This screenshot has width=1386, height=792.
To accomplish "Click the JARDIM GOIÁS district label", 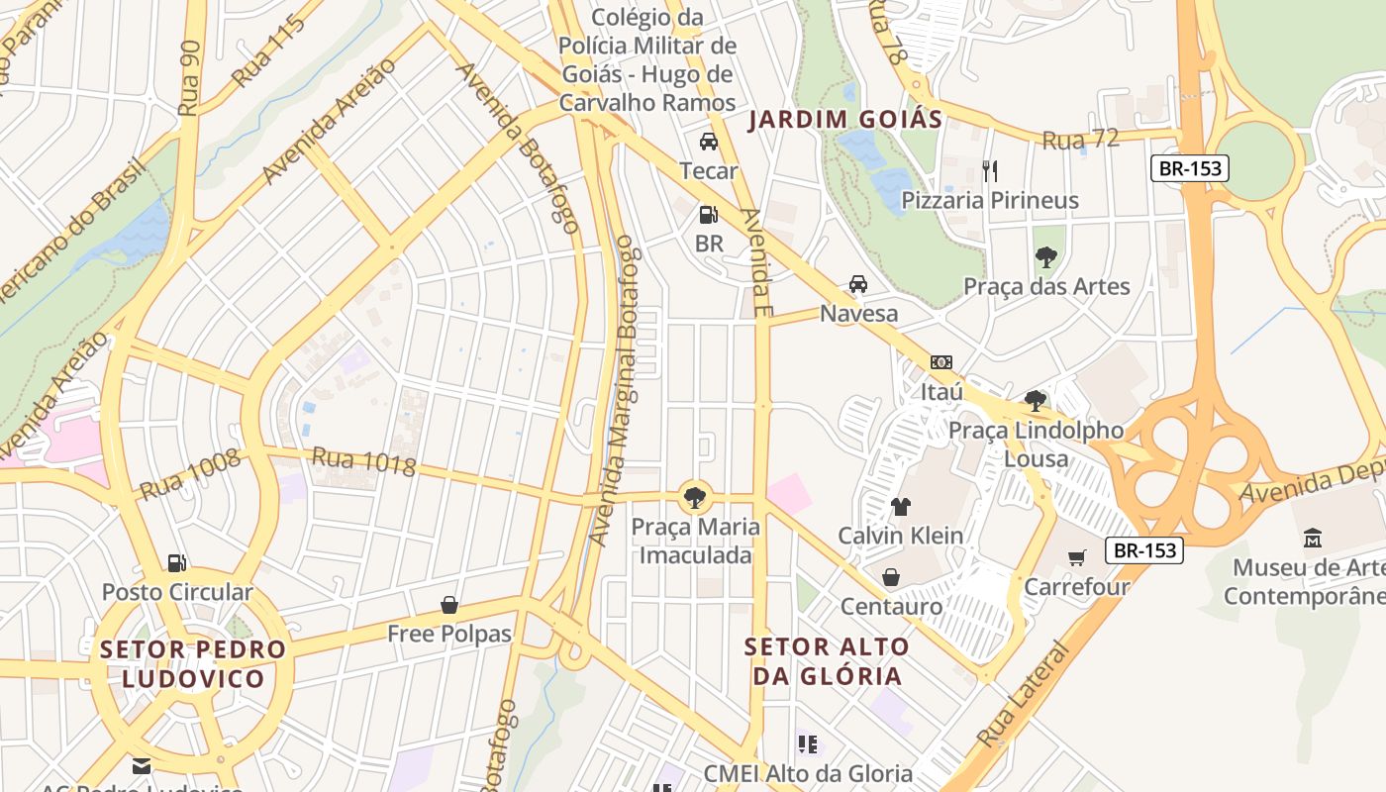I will [x=844, y=120].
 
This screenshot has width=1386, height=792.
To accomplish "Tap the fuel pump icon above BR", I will [x=708, y=214].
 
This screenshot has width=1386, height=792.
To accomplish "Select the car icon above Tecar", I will [x=709, y=142].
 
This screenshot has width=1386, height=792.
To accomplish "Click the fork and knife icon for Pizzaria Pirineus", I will [x=989, y=170].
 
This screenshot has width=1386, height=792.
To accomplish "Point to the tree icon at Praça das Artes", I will [x=1045, y=257].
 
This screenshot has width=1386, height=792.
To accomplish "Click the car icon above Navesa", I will [x=858, y=284].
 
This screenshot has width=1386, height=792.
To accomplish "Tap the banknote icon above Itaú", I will [x=941, y=362].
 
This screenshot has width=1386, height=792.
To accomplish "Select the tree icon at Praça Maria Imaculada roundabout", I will [x=695, y=497].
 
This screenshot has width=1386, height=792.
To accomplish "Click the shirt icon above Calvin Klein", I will [x=900, y=507].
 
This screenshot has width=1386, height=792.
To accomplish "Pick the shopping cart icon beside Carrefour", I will [x=1077, y=557].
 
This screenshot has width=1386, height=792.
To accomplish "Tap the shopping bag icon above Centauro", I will [x=891, y=577].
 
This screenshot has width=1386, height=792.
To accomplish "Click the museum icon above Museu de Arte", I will [x=1313, y=539].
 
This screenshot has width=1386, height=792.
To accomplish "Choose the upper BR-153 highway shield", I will [x=1190, y=168].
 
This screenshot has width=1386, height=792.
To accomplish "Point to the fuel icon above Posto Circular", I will [x=177, y=563].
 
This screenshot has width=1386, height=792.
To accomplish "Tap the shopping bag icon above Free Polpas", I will [x=449, y=604].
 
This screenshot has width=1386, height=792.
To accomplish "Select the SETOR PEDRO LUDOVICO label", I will [x=193, y=664].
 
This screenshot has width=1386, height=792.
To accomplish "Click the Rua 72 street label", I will [x=1081, y=140].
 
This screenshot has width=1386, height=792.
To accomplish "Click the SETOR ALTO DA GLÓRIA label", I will [x=827, y=661].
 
